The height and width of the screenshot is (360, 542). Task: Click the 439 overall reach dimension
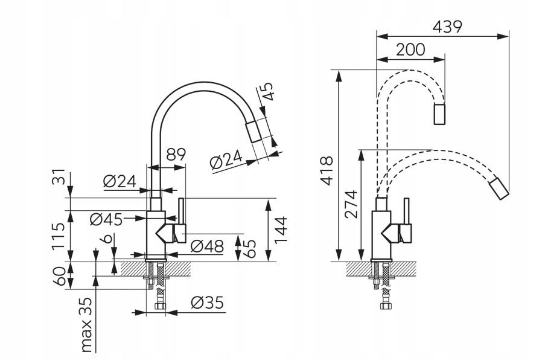tap(447, 27)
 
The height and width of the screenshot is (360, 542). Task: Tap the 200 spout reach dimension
tap(410, 50)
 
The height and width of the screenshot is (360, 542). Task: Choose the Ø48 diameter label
tap(206, 246)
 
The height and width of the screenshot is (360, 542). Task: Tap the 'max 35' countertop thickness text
tap(87, 324)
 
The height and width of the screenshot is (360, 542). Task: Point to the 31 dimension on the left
tap(58, 179)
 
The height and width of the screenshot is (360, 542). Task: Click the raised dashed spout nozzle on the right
tap(441, 114)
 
